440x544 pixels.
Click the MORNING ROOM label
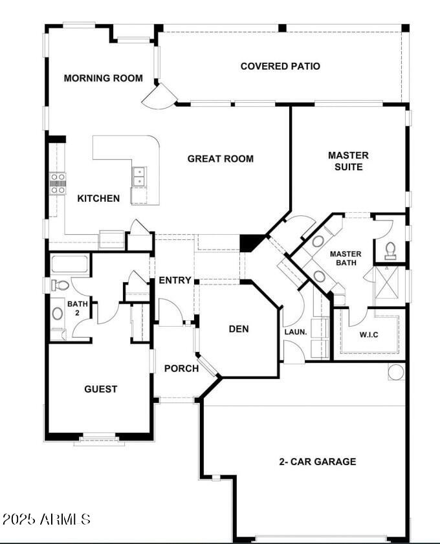103,78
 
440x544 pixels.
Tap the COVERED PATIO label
280,66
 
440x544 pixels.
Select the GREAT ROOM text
220,158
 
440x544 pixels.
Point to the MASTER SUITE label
348,161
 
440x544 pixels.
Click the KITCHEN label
98,198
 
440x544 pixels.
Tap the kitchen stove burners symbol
58,183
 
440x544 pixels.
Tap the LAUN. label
295,332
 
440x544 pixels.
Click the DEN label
239,329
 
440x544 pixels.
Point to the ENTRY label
175,280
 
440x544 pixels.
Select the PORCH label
181,369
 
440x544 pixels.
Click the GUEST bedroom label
101,389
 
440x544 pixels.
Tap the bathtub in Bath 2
70,265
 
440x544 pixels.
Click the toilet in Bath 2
60,285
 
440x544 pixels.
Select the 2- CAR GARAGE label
317,461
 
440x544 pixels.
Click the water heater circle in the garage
396,371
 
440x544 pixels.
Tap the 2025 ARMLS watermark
47,519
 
